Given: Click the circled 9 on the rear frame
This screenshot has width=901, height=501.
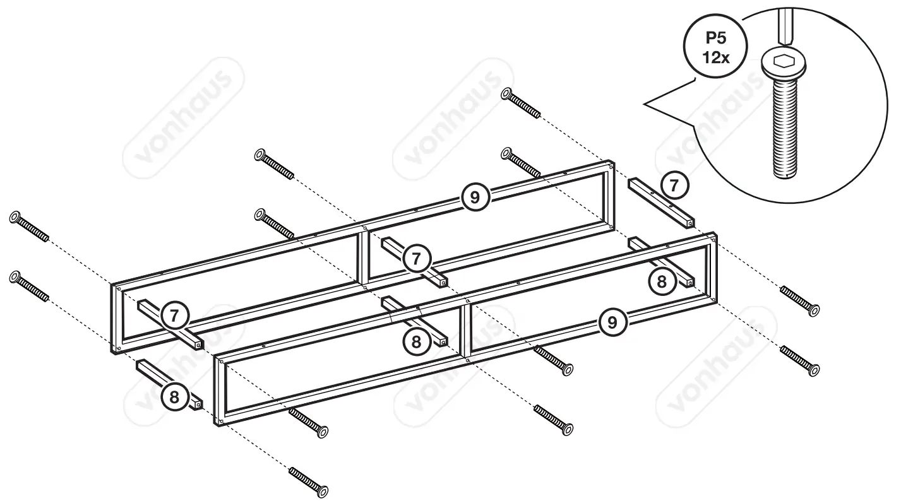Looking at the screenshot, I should click(x=475, y=197).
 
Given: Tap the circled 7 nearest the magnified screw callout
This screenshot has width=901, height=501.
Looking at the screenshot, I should click(x=675, y=186).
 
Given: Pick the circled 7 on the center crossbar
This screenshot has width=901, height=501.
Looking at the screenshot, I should click(x=416, y=258).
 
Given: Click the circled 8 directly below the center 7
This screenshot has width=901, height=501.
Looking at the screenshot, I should click(x=416, y=341).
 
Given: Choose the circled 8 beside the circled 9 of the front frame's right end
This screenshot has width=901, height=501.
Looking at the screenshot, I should click(x=662, y=281).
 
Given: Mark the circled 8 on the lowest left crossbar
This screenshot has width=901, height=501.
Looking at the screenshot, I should click(x=174, y=397).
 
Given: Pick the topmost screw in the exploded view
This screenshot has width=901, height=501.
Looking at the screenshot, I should click(x=520, y=103).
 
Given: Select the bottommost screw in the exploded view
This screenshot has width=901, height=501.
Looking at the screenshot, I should click(x=309, y=481).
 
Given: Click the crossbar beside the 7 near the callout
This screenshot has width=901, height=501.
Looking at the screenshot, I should click(x=660, y=201).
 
